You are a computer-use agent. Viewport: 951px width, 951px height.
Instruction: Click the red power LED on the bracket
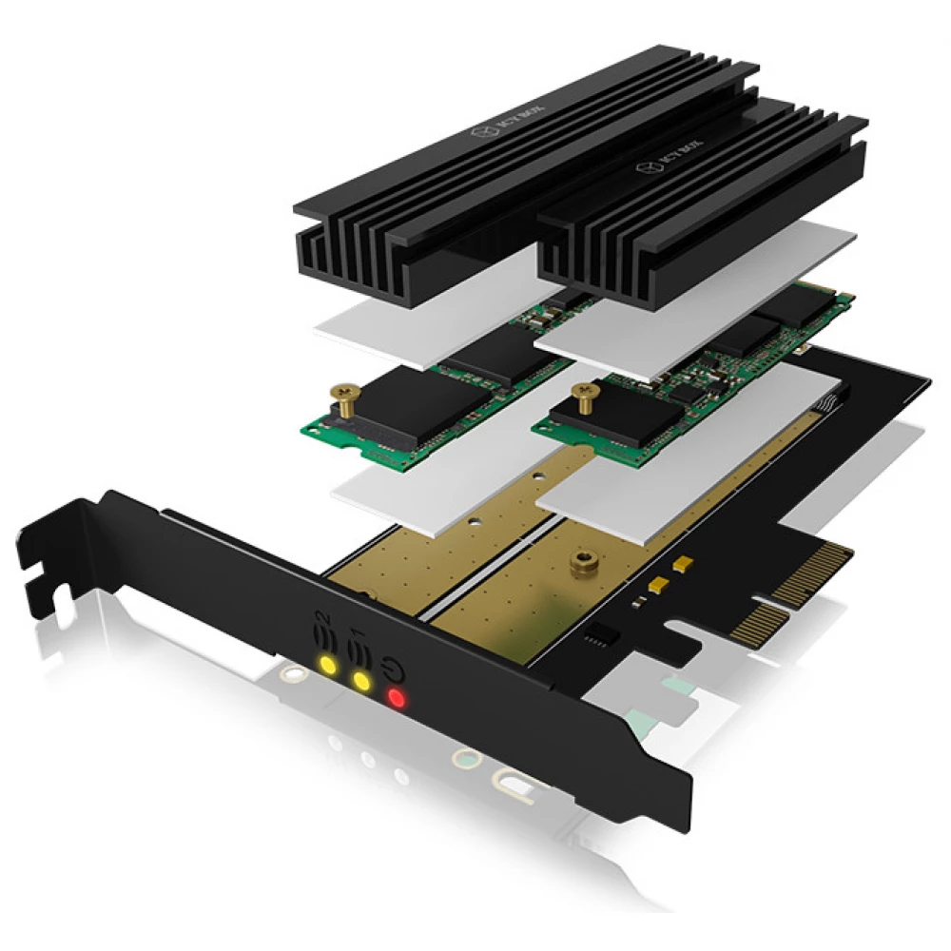[397, 701]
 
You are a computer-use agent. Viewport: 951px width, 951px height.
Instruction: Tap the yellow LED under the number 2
[327, 664]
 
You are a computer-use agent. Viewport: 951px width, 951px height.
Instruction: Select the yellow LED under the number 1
[361, 681]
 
